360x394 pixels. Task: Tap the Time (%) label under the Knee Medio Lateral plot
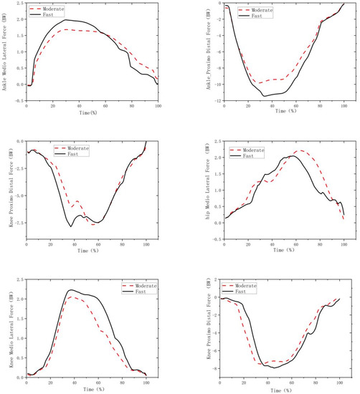86,388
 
